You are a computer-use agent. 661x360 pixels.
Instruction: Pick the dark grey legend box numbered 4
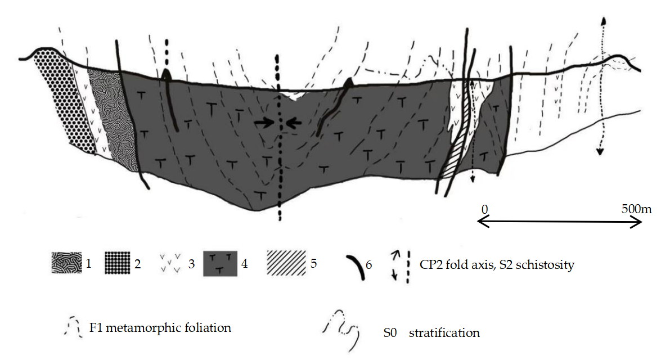[x=223, y=263]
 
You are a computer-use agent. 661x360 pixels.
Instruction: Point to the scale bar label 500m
[x=636, y=209]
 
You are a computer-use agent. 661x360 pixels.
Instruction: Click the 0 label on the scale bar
[x=484, y=209]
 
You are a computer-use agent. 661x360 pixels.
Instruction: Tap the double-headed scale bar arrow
[x=559, y=223]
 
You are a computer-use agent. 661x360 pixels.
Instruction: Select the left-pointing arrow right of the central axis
[x=294, y=121]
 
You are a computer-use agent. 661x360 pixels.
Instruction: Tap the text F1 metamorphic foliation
[x=160, y=327]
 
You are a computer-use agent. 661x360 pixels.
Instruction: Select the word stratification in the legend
[x=444, y=333]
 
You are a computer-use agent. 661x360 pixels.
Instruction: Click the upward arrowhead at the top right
[x=603, y=21]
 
